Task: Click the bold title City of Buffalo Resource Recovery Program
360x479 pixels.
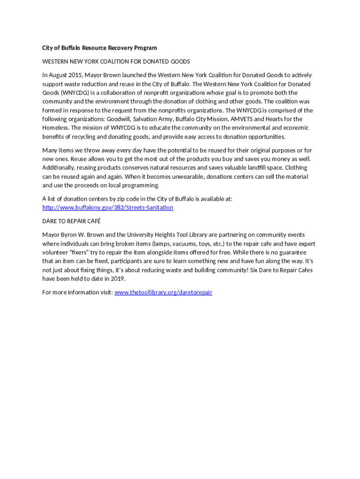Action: (x=100, y=48)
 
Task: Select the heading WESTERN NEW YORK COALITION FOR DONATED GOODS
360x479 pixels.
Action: (x=116, y=61)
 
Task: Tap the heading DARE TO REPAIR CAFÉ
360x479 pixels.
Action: (x=72, y=221)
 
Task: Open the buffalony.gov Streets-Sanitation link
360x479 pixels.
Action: (x=108, y=207)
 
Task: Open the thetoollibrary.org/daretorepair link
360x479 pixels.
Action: (x=163, y=292)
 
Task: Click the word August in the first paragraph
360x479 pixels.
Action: (x=60, y=75)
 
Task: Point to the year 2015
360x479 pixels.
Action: (x=76, y=75)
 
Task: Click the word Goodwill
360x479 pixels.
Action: (x=119, y=119)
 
